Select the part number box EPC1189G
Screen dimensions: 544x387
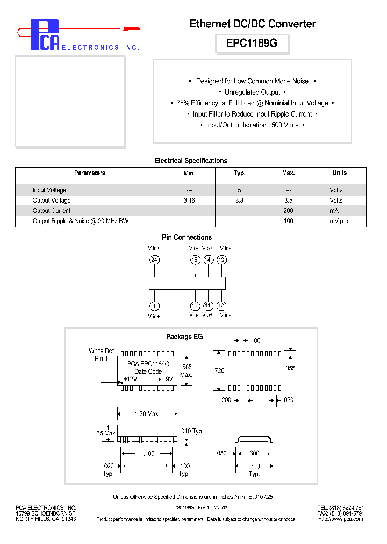click(252, 44)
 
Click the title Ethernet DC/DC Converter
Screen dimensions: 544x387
click(253, 24)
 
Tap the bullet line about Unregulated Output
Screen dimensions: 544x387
click(252, 92)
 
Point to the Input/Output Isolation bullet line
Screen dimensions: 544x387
click(252, 125)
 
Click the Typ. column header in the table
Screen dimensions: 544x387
click(239, 173)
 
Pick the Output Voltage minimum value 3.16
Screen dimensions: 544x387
click(189, 201)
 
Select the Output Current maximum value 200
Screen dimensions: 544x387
click(288, 211)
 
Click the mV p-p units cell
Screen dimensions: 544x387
click(339, 221)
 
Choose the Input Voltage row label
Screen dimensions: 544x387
click(49, 190)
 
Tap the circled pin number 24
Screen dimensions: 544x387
click(154, 260)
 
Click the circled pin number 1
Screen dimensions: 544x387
click(154, 306)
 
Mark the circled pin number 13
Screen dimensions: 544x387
click(221, 260)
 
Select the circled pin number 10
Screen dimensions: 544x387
click(195, 306)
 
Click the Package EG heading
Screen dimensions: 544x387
click(184, 337)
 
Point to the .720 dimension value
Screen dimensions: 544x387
click(219, 371)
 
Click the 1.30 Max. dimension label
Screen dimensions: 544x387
click(147, 414)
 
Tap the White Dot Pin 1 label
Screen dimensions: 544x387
click(102, 355)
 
